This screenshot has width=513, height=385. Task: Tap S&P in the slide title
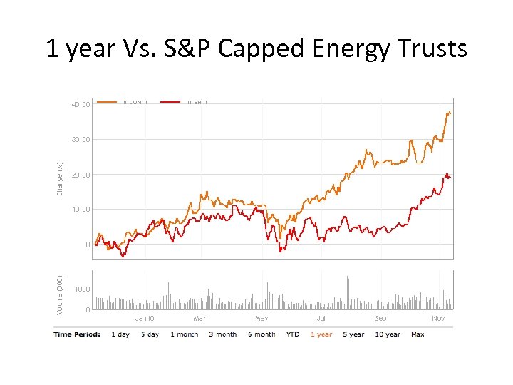pos(186,48)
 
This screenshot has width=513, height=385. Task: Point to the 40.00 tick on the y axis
pos(81,105)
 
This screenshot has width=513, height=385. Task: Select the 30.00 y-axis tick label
pos(81,140)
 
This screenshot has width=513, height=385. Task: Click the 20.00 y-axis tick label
pos(81,175)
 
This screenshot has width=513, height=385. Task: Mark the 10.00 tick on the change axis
pos(81,210)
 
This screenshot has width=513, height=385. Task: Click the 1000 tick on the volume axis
pos(82,289)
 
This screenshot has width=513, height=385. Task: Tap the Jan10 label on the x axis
pos(145,319)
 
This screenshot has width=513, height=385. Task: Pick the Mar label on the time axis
pos(199,319)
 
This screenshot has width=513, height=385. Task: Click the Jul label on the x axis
pos(321,319)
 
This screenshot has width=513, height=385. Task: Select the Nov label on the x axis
pos(438,319)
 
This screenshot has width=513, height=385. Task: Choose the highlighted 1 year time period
pos(321,334)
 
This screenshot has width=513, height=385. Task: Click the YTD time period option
pos(293,334)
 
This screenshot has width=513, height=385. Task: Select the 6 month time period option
pos(261,334)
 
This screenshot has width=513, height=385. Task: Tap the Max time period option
pos(418,334)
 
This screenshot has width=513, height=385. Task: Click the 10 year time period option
pos(388,334)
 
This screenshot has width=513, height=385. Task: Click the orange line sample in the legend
pos(107,102)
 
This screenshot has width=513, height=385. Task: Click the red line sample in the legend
pos(170,102)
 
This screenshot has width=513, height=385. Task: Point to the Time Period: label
pos(77,334)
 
